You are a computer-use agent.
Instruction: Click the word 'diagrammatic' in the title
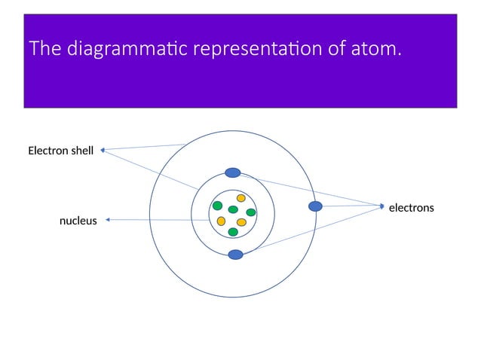pos(127,50)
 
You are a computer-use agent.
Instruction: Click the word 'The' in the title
pos(46,50)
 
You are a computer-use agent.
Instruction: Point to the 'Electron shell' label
pos(60,151)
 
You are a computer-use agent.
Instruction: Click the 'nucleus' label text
pos(78,221)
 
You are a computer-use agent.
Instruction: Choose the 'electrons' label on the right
pos(411,207)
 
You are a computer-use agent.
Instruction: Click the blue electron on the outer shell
pos(316,206)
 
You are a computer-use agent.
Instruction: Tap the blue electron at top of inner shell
pos(233,172)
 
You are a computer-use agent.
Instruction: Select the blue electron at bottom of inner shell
pos(236,255)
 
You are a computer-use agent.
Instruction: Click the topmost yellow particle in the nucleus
pos(241,198)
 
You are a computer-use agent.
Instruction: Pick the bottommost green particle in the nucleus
pos(233,232)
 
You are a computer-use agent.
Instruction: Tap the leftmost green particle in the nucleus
pos(217,206)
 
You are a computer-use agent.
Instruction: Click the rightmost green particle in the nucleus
pos(251,212)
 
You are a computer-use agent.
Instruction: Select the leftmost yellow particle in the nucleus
pos(221,221)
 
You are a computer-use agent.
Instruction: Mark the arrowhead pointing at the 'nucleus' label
pos(108,220)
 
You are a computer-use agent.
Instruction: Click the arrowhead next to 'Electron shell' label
pos(102,150)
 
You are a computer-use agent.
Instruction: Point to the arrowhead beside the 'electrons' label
pos(382,205)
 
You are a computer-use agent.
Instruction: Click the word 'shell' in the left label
pos(81,151)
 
